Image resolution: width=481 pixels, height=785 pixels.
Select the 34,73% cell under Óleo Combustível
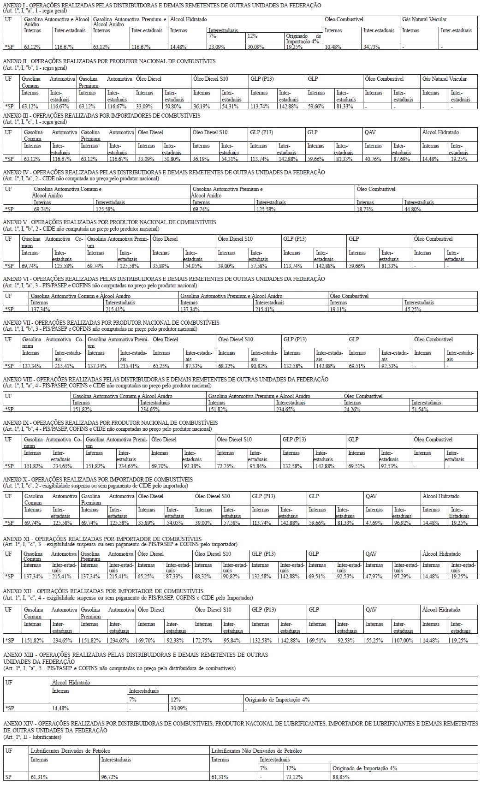(x=371, y=47)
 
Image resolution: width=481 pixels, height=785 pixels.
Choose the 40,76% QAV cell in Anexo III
(x=373, y=159)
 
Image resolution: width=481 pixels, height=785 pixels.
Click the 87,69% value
(x=401, y=159)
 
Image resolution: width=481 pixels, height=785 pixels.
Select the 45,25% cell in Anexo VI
(x=413, y=309)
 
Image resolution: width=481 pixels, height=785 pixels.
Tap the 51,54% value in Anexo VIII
(x=421, y=409)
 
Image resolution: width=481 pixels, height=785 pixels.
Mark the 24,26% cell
(x=353, y=409)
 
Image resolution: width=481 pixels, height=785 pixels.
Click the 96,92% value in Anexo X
(x=402, y=523)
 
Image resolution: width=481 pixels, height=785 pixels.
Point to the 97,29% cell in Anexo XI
(x=403, y=577)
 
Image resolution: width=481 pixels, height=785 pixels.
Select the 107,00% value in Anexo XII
(x=403, y=640)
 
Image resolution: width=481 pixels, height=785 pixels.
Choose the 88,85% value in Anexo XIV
(x=341, y=777)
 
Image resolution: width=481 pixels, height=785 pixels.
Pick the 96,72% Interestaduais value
(x=110, y=777)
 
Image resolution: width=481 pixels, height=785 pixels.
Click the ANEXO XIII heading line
(x=136, y=654)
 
